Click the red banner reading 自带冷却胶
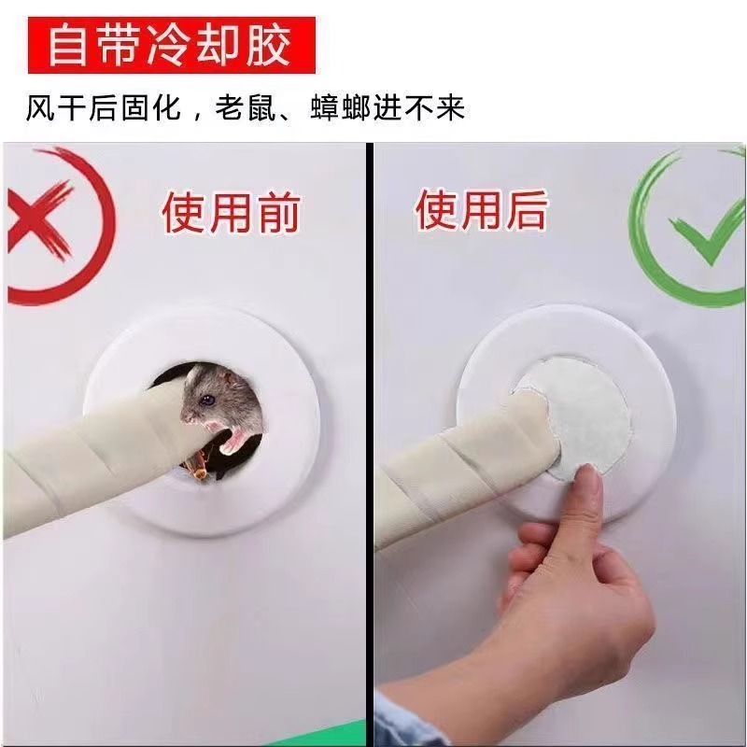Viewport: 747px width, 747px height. pos(172,45)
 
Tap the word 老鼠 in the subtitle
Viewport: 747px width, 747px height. pos(246,108)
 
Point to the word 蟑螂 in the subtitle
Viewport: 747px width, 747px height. pos(340,108)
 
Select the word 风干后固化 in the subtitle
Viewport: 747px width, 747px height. pos(104,108)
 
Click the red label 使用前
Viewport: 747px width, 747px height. pos(231,213)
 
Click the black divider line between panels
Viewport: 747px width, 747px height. pos(370,443)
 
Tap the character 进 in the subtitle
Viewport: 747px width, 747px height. pos(388,108)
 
